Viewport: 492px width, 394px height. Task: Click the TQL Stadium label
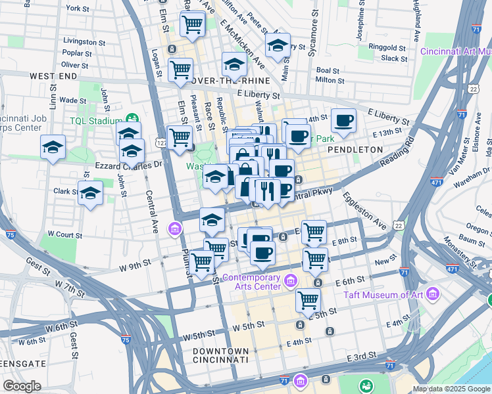point(96,121)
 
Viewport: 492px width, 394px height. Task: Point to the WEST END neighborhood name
point(53,77)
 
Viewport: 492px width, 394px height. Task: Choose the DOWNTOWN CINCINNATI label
point(221,355)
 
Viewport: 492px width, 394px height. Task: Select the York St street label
point(78,9)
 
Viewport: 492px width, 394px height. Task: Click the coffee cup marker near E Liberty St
point(343,120)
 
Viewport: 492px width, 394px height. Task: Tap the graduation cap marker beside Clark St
point(90,193)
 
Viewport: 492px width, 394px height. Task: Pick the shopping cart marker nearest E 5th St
point(308,300)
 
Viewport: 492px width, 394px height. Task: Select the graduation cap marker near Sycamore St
point(278,45)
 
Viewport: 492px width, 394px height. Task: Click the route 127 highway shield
point(160,141)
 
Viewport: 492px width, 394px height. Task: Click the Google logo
point(22,386)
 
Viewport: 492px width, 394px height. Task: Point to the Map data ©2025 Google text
point(451,389)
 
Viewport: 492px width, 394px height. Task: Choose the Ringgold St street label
point(387,48)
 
